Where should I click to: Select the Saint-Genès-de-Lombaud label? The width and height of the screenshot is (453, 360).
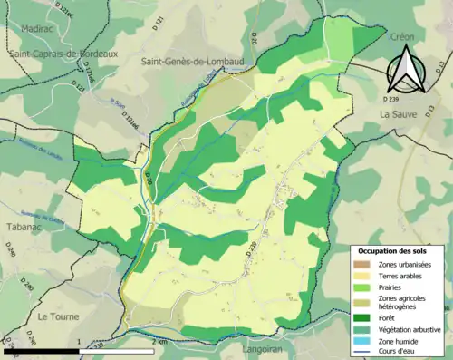190,60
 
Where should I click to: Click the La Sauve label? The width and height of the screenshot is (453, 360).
396,114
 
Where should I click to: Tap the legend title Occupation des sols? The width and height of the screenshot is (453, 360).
395,249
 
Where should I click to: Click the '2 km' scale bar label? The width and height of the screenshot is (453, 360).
160,342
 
